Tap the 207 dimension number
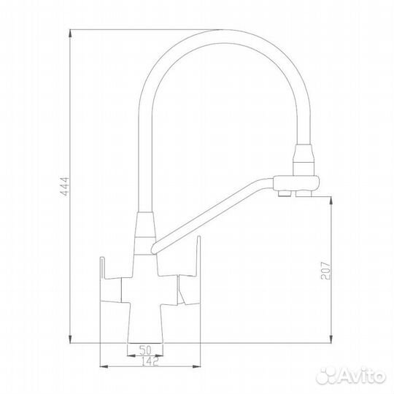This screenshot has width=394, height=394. [x=325, y=269]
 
